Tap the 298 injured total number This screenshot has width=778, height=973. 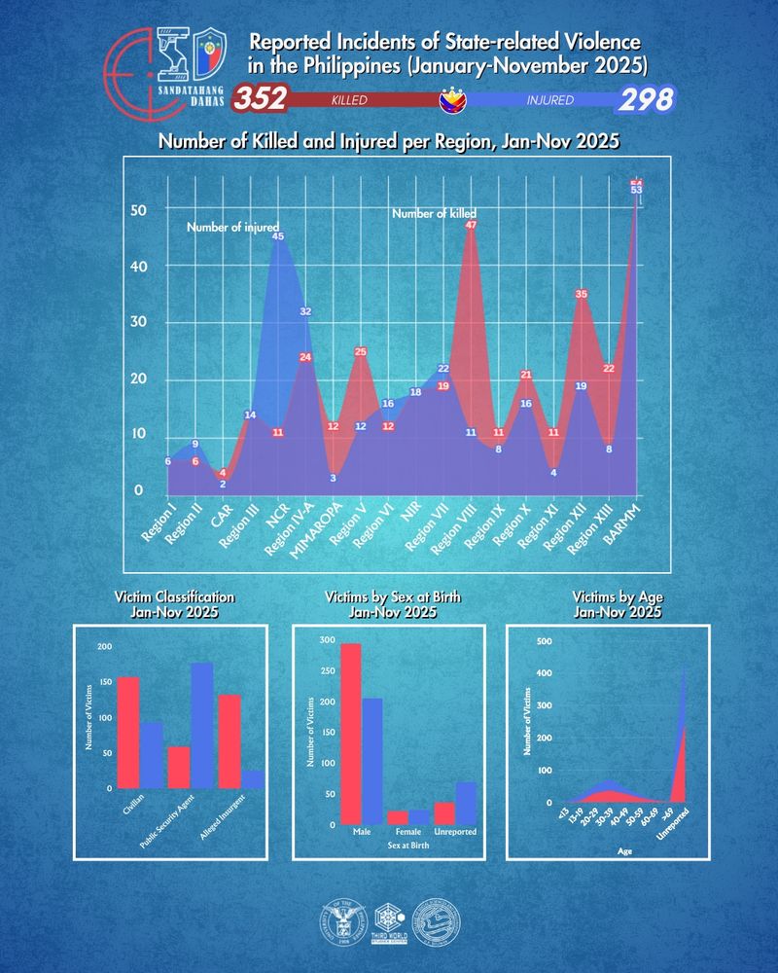pyautogui.click(x=646, y=99)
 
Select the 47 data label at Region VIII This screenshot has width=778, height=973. pyautogui.click(x=471, y=225)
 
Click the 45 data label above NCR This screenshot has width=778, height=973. pyautogui.click(x=278, y=236)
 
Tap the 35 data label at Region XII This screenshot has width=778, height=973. pyautogui.click(x=582, y=294)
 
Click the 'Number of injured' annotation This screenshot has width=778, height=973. pyautogui.click(x=232, y=227)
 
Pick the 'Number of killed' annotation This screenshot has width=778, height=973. pyautogui.click(x=434, y=213)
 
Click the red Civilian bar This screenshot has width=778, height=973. pyautogui.click(x=127, y=732)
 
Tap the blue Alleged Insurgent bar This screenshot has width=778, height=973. pyautogui.click(x=253, y=778)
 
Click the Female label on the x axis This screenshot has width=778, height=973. pyautogui.click(x=408, y=832)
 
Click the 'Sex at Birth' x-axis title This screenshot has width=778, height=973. pyautogui.click(x=407, y=847)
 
